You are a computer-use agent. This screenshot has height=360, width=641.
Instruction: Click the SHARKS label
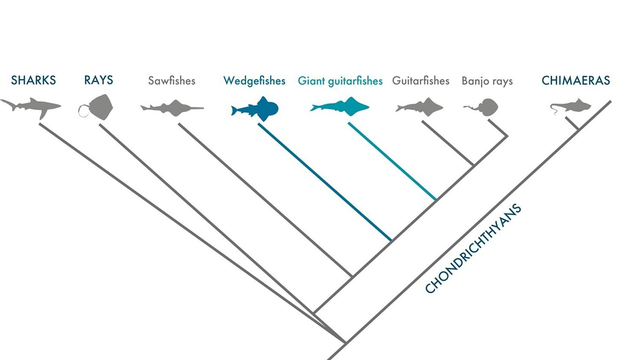click(33, 81)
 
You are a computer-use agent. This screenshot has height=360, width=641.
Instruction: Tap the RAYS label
click(98, 81)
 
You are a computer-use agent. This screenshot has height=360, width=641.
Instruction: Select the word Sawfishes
click(171, 81)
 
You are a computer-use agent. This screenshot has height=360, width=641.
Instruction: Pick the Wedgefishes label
click(254, 81)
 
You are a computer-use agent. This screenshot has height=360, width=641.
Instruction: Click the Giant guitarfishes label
click(340, 81)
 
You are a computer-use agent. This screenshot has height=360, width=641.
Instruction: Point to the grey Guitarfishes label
click(421, 81)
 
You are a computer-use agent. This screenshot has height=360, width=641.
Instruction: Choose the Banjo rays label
click(487, 81)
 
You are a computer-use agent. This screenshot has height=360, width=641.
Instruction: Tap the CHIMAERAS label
click(576, 81)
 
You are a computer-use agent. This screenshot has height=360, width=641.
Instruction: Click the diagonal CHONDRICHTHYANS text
click(473, 248)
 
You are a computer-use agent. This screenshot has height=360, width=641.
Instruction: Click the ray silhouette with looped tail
click(99, 106)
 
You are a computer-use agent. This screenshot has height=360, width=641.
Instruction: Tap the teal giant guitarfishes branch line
click(392, 161)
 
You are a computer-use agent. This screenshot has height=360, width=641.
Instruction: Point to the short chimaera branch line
click(572, 123)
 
